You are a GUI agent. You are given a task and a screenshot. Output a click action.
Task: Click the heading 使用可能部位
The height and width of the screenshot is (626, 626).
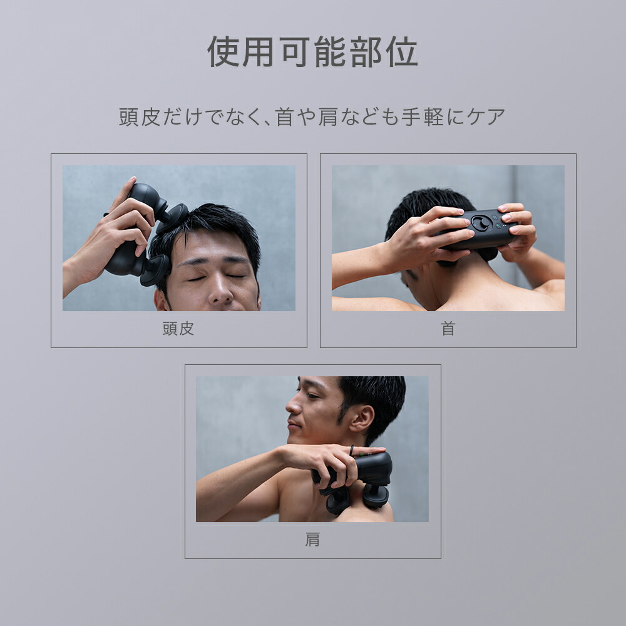[312, 52]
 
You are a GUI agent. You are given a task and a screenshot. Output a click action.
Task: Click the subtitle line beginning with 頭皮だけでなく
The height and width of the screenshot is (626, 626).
[312, 117]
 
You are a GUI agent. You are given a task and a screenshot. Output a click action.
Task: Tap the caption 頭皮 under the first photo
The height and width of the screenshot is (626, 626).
[178, 329]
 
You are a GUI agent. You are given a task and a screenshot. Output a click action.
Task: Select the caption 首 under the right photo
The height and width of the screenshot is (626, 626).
[448, 329]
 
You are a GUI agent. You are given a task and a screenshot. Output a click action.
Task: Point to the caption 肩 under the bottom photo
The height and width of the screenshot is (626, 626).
[312, 540]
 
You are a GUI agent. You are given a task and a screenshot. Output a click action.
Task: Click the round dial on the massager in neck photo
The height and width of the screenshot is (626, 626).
[481, 223]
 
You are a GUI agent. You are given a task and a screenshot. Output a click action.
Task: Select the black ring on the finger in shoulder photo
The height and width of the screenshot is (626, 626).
[351, 451]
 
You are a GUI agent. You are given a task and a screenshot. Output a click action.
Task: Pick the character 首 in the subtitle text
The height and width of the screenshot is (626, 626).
[285, 117]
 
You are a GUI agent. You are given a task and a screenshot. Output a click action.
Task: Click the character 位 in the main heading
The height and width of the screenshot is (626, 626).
[402, 52]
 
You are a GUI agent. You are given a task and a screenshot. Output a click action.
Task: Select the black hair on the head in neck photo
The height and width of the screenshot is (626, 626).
[426, 203]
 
